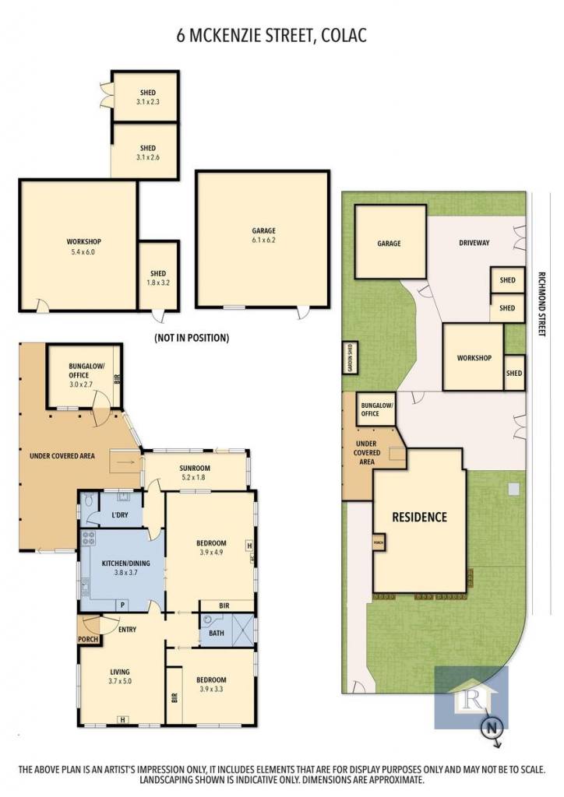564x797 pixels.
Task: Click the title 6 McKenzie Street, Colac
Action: coord(272,36)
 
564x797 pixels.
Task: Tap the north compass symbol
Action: coord(491,729)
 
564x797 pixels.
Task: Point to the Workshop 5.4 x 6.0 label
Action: coord(84,247)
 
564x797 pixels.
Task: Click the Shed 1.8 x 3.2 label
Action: coord(158,278)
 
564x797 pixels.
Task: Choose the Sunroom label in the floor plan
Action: coord(195,472)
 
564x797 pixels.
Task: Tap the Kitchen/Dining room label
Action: coord(126,567)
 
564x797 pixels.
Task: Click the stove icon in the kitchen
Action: coord(89,538)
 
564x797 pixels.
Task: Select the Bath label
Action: coord(216,633)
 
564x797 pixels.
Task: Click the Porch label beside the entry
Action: coord(88,639)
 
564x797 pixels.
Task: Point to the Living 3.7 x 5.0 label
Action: coord(120,676)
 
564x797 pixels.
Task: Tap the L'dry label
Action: coord(119,515)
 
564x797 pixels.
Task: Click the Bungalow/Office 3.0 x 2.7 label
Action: coord(81,375)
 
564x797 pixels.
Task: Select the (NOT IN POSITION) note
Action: coord(192,338)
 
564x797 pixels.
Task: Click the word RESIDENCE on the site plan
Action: coord(420,518)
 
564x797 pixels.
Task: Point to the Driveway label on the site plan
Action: coord(474,243)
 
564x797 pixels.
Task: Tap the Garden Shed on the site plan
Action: coord(350,358)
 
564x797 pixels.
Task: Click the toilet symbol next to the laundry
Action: coord(89,500)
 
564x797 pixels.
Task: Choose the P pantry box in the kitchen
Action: coord(122,605)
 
